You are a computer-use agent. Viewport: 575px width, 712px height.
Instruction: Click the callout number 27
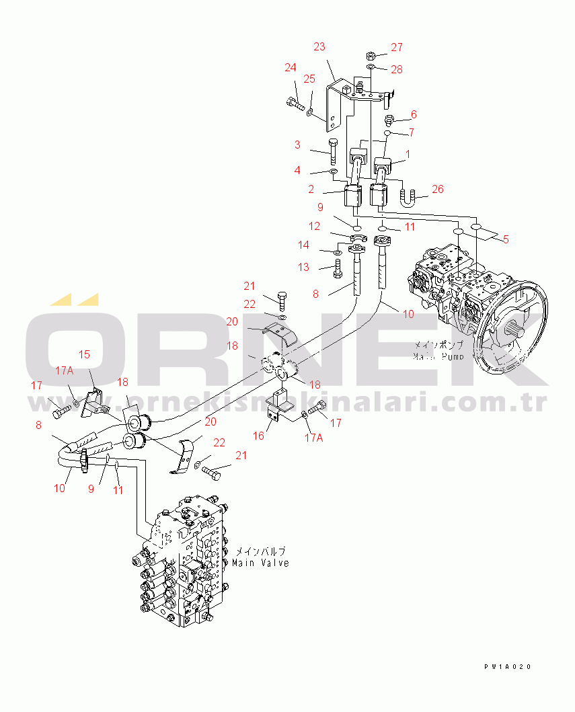click(397, 47)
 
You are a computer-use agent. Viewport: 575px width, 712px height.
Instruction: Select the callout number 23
click(319, 46)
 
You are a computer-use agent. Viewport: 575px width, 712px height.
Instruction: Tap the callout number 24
click(290, 67)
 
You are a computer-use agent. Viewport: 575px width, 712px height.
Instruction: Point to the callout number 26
click(438, 189)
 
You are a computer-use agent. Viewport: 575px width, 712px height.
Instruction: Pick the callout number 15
click(85, 354)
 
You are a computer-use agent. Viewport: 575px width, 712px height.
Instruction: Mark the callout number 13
click(304, 267)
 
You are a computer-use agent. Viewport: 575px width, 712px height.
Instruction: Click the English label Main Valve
click(261, 563)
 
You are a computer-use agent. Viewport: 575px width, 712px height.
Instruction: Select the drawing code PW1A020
click(507, 667)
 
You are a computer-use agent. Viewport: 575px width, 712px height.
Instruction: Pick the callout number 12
click(315, 225)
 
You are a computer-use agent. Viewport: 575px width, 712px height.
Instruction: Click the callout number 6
click(414, 114)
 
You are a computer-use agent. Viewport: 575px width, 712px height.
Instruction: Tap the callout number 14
click(304, 245)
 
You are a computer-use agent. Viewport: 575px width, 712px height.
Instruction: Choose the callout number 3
click(297, 145)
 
